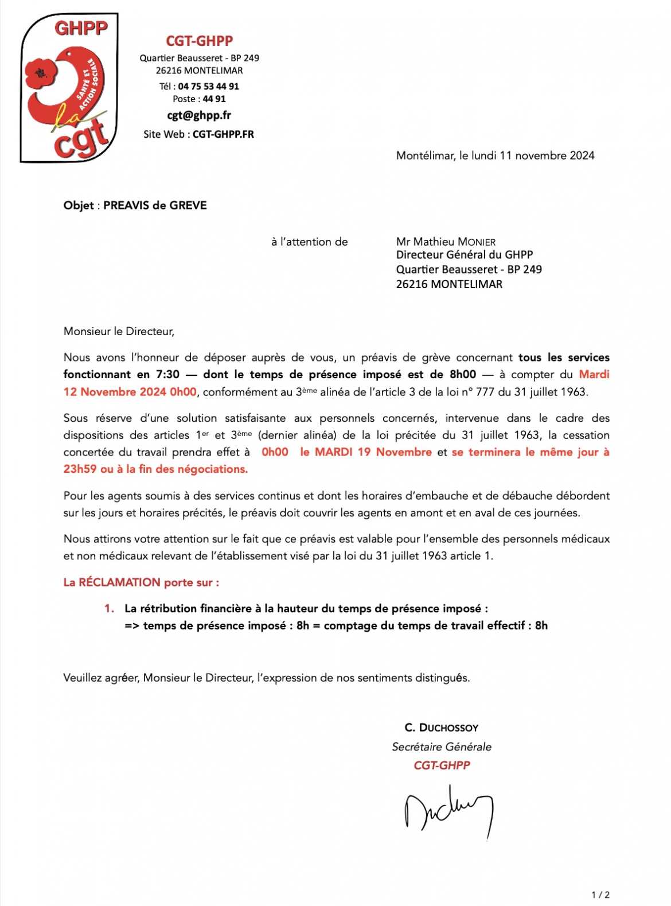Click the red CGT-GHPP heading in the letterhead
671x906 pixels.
pos(199,41)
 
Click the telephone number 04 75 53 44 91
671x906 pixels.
pos(208,86)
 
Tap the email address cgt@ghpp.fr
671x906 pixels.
pos(199,115)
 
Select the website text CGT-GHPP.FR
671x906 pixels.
pos(223,134)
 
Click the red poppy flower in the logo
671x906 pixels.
pos(41,73)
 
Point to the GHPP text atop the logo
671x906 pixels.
pos(81,28)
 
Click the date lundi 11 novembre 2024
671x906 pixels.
pos(533,155)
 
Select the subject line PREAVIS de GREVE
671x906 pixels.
pos(155,205)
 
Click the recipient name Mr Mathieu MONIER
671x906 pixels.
pos(446,242)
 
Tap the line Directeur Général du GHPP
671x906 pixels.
pos(464,255)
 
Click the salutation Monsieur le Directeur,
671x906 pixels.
pos(119,331)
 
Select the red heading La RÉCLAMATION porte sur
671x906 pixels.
pos(141,582)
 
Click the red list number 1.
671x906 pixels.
pos(109,608)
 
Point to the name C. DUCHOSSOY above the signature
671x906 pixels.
pos(441,728)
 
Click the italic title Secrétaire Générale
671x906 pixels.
pos(441,746)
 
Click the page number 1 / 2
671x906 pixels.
pos(600,895)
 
